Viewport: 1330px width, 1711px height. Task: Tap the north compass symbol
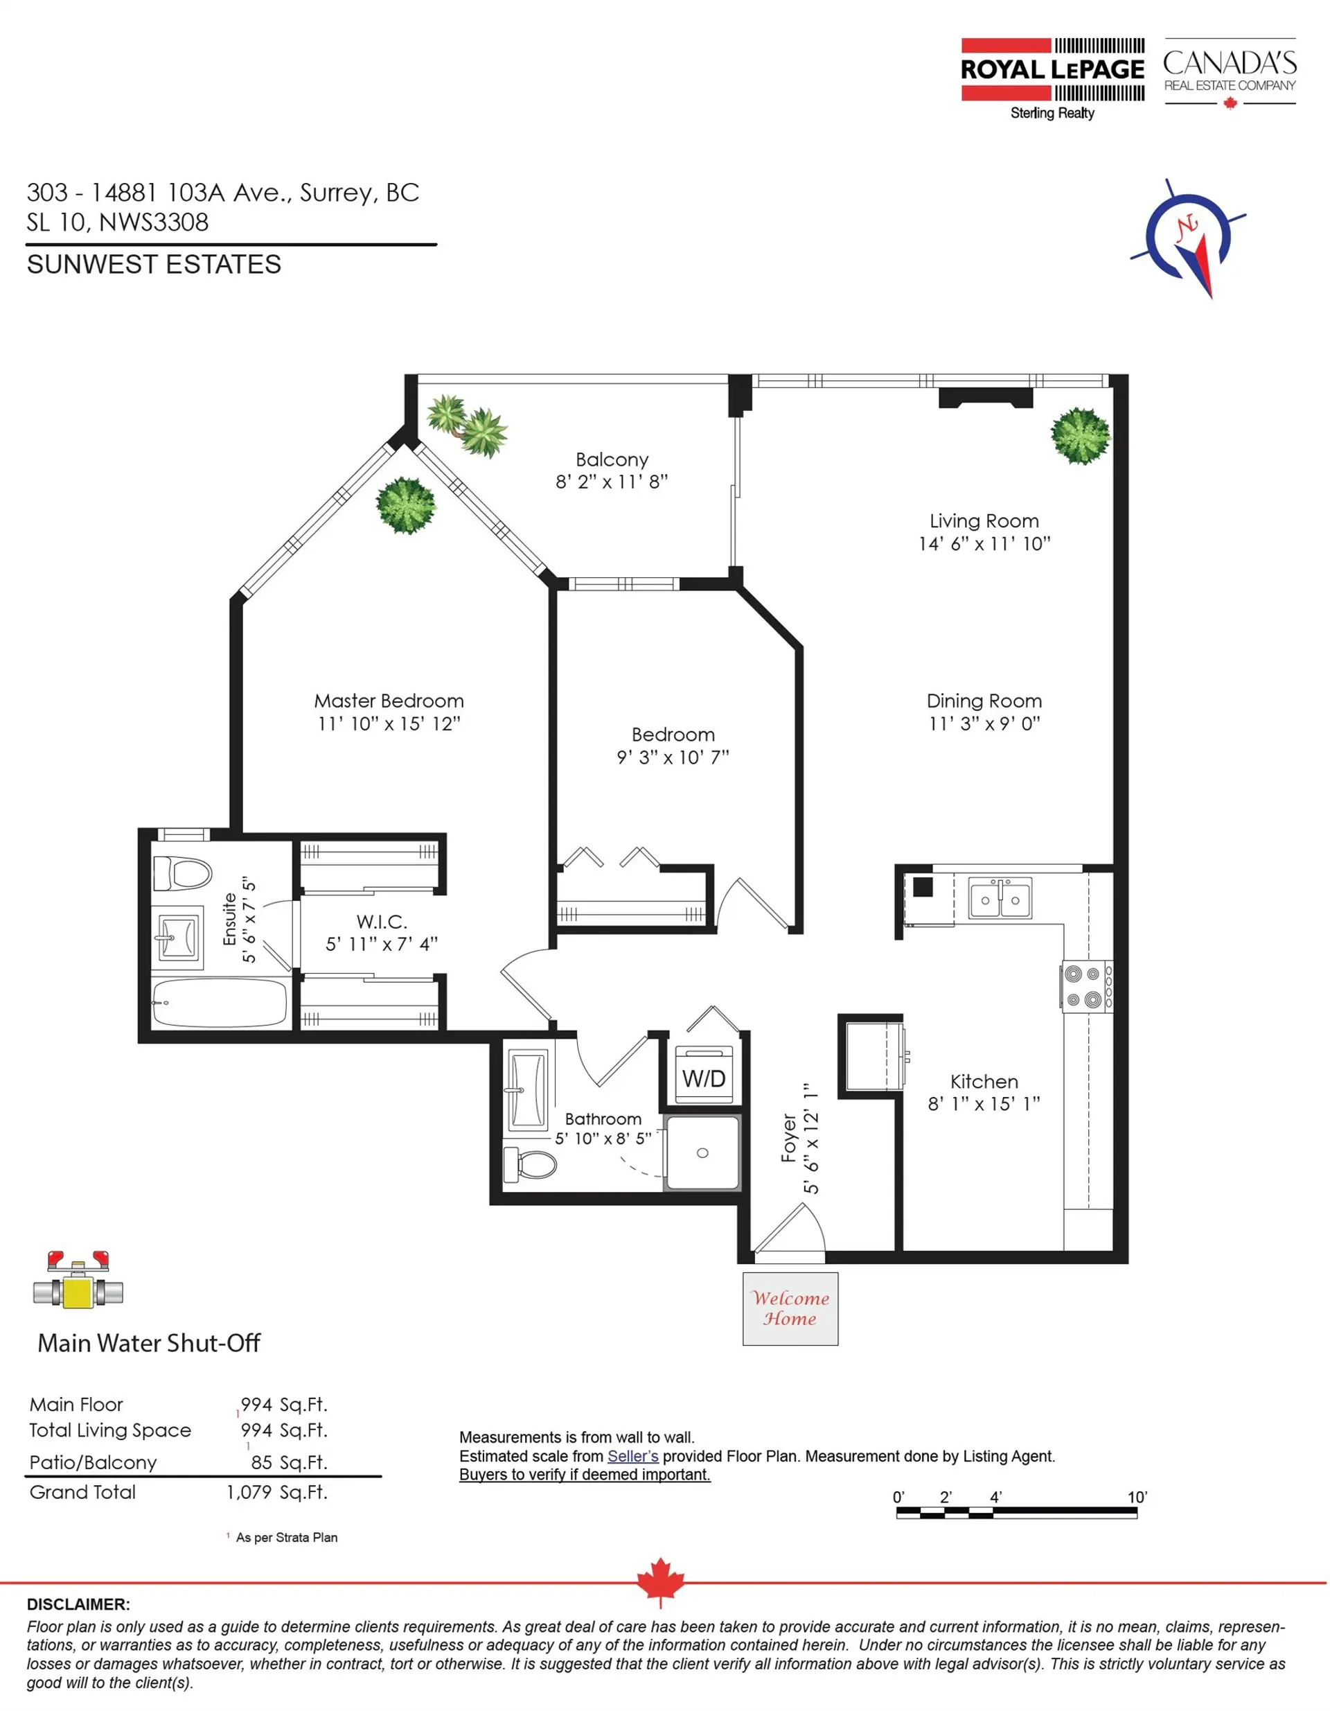point(1188,238)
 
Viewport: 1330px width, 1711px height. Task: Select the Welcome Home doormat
point(790,1308)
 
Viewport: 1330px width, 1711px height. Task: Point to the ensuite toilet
point(182,874)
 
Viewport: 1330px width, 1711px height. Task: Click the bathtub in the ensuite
point(220,1003)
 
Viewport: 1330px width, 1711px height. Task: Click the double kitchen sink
point(1000,898)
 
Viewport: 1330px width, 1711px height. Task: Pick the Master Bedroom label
point(389,701)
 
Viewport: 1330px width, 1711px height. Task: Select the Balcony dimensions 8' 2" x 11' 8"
point(612,482)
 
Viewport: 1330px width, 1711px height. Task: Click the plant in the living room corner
point(1080,436)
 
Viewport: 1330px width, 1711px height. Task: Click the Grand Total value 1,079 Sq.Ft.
point(276,1493)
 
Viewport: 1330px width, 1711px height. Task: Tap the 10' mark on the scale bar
point(1137,1497)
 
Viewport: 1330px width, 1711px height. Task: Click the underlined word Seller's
point(633,1457)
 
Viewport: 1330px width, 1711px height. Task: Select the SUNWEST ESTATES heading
point(154,265)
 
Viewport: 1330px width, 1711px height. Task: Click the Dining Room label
point(984,701)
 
